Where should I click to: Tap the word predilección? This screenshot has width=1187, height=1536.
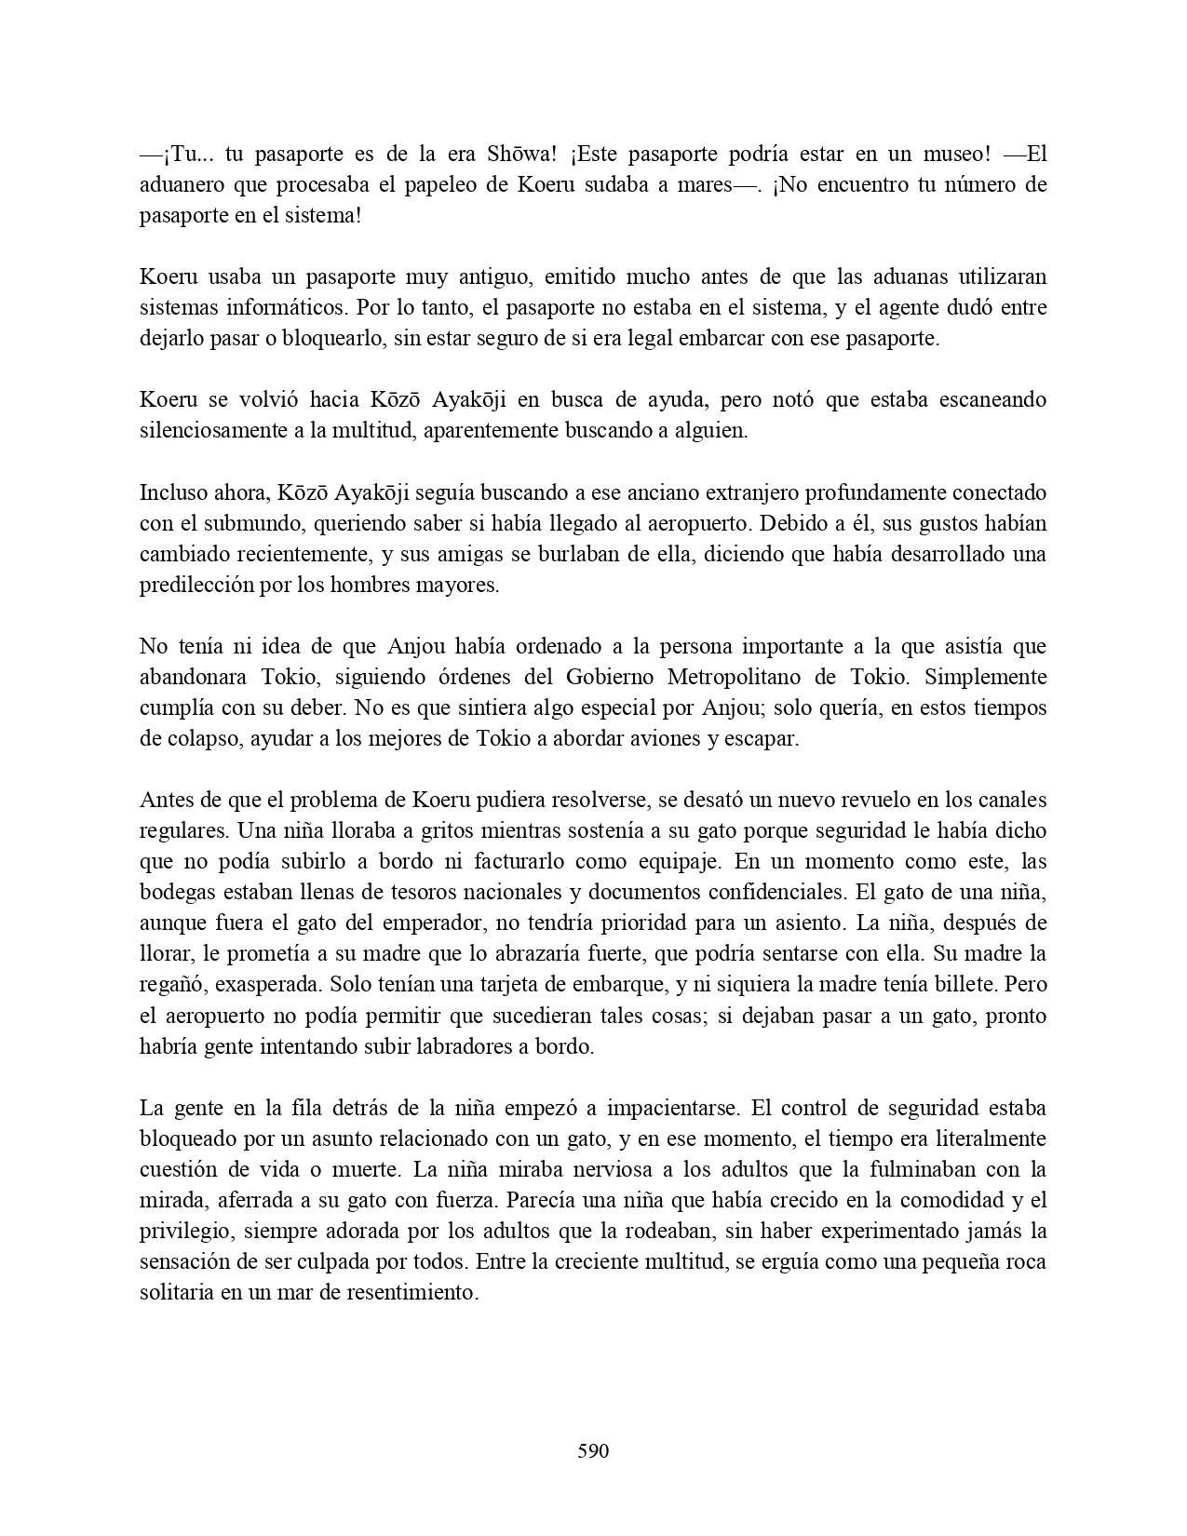tap(194, 585)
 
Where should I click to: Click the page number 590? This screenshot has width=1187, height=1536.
tap(593, 1450)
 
